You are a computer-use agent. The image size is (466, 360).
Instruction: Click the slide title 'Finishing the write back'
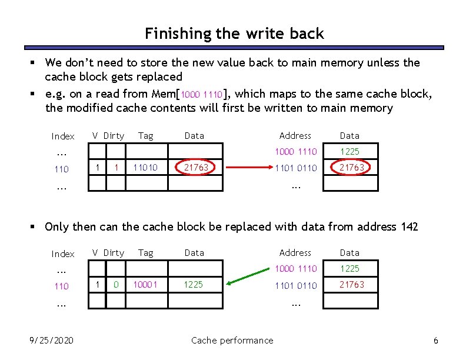(234, 34)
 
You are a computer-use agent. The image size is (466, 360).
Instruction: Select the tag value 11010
(145, 168)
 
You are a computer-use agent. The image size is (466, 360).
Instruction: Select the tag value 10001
(145, 284)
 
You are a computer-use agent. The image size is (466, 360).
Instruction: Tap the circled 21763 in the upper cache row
(196, 168)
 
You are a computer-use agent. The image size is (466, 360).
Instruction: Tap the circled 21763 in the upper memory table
(351, 168)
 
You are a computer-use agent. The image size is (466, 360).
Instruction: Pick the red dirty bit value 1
(116, 168)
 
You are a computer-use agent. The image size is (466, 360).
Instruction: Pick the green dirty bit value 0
(116, 284)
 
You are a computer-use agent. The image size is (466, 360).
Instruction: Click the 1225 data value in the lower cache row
(193, 284)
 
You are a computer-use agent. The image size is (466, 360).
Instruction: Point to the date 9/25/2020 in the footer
(52, 340)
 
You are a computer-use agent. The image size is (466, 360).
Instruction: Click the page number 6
(435, 341)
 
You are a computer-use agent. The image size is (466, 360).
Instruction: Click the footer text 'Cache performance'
(232, 340)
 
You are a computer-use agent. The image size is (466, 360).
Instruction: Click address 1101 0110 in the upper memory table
(295, 168)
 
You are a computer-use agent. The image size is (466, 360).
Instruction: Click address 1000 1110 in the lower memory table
(295, 269)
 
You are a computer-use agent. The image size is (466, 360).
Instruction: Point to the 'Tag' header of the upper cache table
(145, 136)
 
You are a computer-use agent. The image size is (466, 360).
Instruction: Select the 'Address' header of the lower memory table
(295, 252)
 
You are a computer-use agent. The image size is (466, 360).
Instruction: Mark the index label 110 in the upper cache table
(61, 169)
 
